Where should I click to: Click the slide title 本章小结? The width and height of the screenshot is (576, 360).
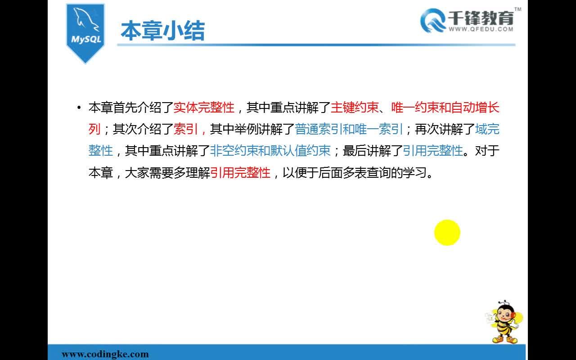[x=163, y=31]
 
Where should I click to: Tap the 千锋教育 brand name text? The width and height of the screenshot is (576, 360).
[x=481, y=18]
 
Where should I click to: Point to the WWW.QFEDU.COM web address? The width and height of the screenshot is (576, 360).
[x=481, y=29]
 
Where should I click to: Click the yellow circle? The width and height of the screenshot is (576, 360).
[x=447, y=233]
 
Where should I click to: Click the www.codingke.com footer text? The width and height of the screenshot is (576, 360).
[x=105, y=354]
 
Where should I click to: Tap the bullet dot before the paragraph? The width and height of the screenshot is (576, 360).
[x=79, y=107]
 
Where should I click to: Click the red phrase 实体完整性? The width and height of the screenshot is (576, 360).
[x=204, y=108]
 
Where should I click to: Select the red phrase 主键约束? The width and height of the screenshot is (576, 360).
[x=355, y=108]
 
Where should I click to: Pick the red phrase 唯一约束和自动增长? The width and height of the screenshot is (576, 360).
[x=445, y=108]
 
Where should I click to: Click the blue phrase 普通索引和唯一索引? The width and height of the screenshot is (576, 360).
[x=348, y=129]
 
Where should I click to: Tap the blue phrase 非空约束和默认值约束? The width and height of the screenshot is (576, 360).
[x=270, y=151]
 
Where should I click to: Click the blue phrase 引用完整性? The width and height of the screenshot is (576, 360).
[x=433, y=151]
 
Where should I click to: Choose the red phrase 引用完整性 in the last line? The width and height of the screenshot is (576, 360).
[x=240, y=172]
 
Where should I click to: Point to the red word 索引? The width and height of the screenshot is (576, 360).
[x=186, y=129]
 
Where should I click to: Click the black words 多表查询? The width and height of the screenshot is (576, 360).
[x=366, y=172]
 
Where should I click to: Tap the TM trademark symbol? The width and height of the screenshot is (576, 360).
[x=518, y=9]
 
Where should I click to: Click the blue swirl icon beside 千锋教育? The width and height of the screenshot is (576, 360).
[x=433, y=21]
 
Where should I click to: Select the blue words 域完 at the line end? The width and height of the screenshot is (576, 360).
[x=487, y=129]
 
